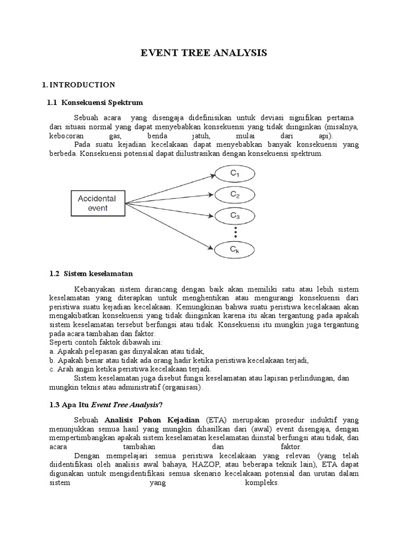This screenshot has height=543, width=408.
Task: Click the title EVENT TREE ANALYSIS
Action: tap(203, 52)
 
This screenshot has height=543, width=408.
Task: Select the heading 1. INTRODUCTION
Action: tap(78, 84)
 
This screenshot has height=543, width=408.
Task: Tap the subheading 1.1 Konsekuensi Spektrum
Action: tap(95, 102)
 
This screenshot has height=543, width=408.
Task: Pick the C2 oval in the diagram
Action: tap(234, 195)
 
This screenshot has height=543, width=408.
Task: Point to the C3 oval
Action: tap(234, 216)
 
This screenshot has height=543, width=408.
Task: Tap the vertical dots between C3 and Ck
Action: tap(234, 232)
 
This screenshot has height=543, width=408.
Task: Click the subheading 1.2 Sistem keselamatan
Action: tap(90, 274)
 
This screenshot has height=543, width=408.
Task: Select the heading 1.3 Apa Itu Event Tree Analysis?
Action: tap(105, 405)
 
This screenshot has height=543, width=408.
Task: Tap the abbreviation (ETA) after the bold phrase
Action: tap(211, 418)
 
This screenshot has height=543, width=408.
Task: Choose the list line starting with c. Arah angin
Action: tap(130, 369)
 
